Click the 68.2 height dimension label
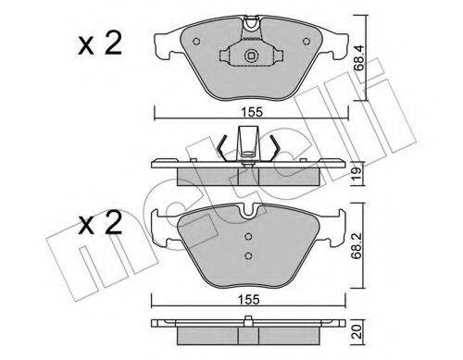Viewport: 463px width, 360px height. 358,248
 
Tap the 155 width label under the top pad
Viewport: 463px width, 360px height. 252,112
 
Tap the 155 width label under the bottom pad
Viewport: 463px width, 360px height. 249,300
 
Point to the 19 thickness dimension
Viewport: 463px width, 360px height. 357,174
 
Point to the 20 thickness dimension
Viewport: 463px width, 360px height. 357,330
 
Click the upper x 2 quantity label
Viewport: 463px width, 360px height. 99,44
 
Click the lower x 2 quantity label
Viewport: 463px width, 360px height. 99,223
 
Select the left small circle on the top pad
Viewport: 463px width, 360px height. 196,41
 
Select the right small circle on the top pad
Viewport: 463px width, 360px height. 307,41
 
